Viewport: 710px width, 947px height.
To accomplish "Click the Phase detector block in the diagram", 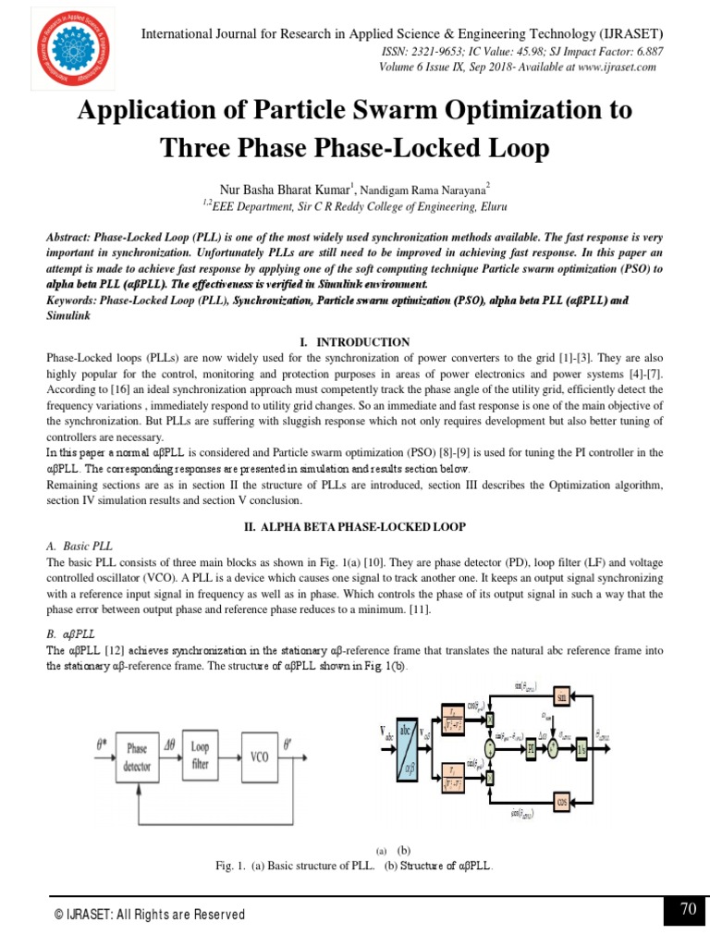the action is point(137,756).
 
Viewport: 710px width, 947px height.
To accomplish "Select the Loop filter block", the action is point(200,756).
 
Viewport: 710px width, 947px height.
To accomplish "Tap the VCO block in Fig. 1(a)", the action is point(260,756).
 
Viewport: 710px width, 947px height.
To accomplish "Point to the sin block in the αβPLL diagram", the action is point(560,695).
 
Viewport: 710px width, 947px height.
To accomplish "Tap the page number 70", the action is point(688,910).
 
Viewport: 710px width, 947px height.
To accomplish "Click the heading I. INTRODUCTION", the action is point(354,342).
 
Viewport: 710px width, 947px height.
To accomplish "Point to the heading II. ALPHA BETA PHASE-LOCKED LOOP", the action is point(354,526).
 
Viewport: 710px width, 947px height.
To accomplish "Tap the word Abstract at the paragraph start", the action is point(69,237).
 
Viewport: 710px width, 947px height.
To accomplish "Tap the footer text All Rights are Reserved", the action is point(171,915).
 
